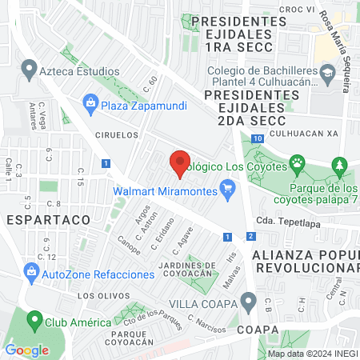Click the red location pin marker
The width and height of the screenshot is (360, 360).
point(180,163)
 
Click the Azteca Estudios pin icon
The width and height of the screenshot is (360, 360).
point(30,71)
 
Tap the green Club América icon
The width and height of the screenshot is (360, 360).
point(34,322)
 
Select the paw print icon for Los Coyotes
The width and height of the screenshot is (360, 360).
point(298,166)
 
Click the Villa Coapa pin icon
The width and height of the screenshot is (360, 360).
point(249,303)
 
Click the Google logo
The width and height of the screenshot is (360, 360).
point(26,350)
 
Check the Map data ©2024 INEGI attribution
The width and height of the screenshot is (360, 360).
point(310,354)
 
